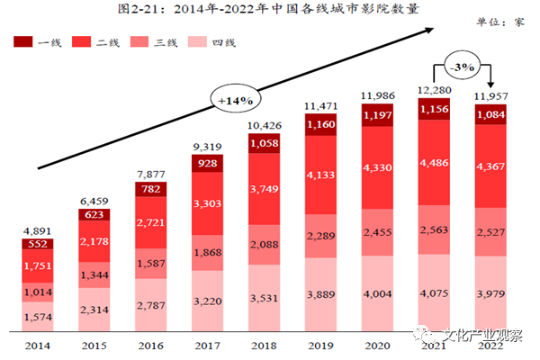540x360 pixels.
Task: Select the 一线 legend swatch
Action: coord(22,41)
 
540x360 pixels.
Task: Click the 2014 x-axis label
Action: coord(36,346)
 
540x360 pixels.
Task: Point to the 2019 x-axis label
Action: coord(321,346)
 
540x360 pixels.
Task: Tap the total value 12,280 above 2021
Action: coord(436,88)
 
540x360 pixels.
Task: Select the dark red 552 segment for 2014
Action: coord(36,244)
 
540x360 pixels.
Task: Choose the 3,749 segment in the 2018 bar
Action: coord(265,187)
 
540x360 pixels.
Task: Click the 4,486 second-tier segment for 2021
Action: coord(436,164)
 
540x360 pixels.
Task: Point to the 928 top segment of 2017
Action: coord(207,162)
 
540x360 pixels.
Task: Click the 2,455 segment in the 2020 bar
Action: coord(378,231)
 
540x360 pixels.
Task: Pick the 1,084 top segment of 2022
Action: coord(492,115)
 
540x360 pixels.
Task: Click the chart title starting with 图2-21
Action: coord(269,11)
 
